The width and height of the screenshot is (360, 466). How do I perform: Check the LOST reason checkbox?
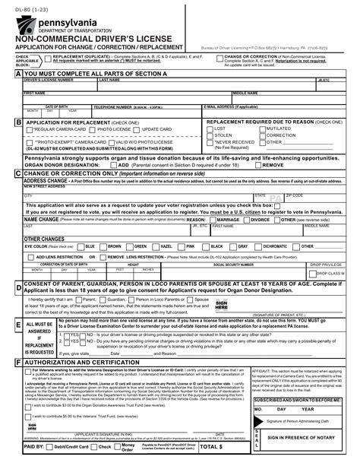pos(210,130)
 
